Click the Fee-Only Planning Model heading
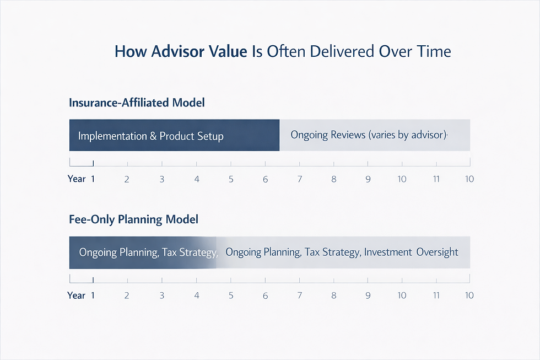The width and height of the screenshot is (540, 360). point(133,219)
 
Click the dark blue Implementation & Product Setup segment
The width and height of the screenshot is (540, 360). point(174,135)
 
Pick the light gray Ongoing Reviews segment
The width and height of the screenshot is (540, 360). point(375,135)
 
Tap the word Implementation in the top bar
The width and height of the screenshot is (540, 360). point(112,136)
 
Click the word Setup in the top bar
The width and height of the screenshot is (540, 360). point(210,136)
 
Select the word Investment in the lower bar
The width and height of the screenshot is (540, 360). point(388,252)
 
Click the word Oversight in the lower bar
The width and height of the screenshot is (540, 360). point(437,252)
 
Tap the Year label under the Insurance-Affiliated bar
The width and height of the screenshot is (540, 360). point(77,179)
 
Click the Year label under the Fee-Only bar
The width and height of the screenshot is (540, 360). point(77,295)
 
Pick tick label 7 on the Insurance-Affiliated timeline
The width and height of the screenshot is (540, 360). point(299,179)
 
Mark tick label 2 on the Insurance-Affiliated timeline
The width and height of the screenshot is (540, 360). point(127,179)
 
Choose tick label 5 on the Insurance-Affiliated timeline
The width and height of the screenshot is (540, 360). point(231,179)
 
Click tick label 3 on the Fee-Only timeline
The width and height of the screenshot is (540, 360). point(161,295)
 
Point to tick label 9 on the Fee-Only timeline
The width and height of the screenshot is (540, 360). point(368,295)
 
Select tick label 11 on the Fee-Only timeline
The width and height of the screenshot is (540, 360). point(436,295)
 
